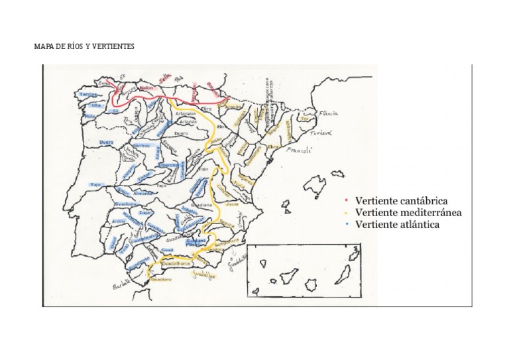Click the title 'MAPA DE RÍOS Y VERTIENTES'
[x=84, y=48]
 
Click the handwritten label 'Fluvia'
[x=329, y=114]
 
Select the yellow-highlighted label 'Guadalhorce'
[x=177, y=263]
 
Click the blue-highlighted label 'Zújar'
[x=145, y=213]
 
